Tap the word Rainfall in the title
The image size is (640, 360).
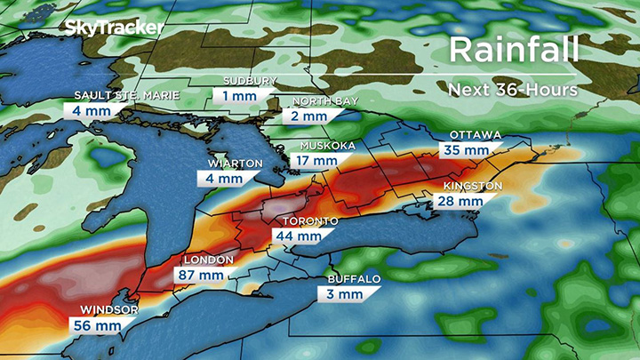[x=515, y=50]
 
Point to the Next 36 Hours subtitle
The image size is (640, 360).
[x=513, y=89]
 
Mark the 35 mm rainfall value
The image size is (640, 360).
[x=467, y=150]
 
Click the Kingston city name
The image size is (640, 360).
[x=473, y=187]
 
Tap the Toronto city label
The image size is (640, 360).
[x=309, y=220]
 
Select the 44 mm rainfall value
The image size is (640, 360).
[x=299, y=236]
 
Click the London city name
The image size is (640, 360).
[x=209, y=260]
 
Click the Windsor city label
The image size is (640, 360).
[x=108, y=309]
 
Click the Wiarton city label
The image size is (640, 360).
[x=235, y=164]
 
